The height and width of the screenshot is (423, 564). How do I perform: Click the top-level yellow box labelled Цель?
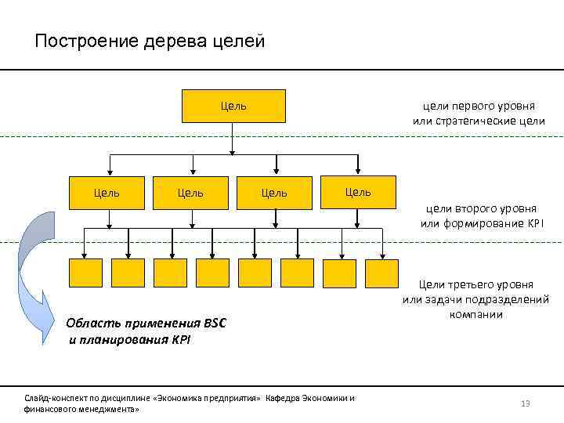pos(233,106)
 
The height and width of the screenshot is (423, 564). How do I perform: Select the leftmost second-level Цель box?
pos(108,192)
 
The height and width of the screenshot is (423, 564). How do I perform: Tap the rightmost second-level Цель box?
pos(358,192)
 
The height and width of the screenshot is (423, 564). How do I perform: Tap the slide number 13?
pos(526,403)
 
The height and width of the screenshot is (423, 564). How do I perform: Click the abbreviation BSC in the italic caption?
pos(214,324)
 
